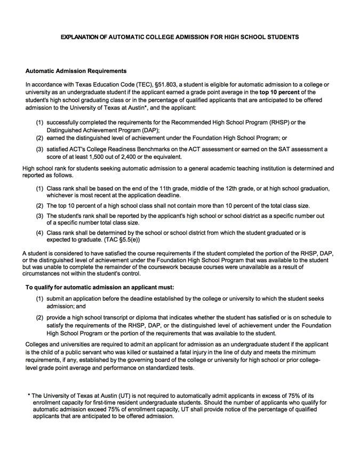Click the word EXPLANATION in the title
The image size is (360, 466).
coord(81,37)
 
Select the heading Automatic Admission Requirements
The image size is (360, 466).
coord(76,71)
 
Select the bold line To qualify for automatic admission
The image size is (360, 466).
coord(100,287)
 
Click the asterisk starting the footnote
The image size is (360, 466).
coord(29,395)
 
